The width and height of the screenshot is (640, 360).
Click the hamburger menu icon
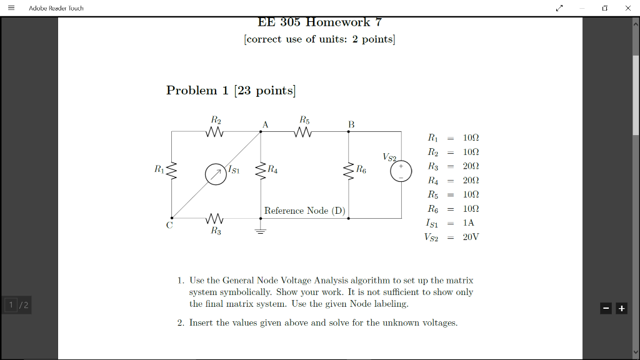pos(11,7)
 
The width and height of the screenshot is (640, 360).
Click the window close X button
pos(627,7)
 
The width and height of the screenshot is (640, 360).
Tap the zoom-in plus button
pos(621,309)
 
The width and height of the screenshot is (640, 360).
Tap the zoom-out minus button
pos(606,309)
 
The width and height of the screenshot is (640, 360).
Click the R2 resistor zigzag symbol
pos(215,132)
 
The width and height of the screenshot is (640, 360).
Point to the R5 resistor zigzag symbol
pos(303,132)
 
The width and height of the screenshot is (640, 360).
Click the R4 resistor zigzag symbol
pos(261,171)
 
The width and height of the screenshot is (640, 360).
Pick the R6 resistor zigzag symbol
pos(349,171)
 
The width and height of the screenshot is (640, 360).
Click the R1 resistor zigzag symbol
pos(171,171)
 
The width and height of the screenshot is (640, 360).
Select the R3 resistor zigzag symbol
pos(215,218)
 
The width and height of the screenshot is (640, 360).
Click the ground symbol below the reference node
pos(261,231)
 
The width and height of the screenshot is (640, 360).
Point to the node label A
pos(265,124)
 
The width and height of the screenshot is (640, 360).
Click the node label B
pos(351,124)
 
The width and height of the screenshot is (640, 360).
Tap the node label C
pos(169,225)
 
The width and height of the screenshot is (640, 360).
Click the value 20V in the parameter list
pos(471,237)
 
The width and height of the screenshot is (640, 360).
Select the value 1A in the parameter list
pos(469,222)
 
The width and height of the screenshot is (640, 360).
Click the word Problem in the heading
pos(191,90)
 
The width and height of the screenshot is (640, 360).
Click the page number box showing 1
pos(11,305)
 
